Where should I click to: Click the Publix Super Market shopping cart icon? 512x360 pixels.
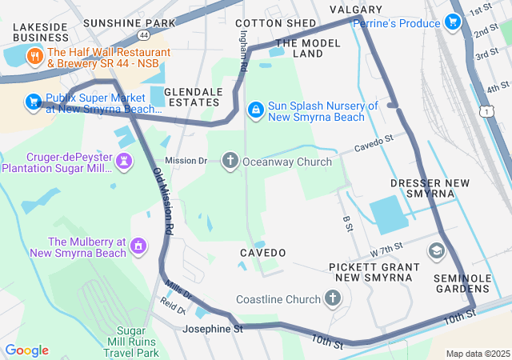[x=33, y=101]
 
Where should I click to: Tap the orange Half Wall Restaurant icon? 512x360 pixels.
[x=34, y=56]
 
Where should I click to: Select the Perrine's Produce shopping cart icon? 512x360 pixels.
[x=453, y=22]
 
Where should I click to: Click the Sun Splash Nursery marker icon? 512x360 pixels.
[x=255, y=109]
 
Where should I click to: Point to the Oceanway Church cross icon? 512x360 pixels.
[x=230, y=161]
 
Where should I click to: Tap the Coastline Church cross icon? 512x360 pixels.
[x=334, y=298]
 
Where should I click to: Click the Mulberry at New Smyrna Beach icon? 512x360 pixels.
[x=139, y=245]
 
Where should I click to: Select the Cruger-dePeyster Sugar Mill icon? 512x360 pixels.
[x=124, y=161]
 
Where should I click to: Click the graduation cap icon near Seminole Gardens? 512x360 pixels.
[x=436, y=252]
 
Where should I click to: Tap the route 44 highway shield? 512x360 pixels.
[x=142, y=36]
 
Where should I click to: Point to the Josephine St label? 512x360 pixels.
[x=212, y=329]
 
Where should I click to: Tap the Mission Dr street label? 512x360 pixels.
[x=186, y=161]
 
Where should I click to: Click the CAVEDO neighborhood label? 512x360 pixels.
[x=262, y=253]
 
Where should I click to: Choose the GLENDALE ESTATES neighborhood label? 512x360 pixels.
[x=192, y=97]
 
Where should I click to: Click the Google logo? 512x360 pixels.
[x=26, y=350]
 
